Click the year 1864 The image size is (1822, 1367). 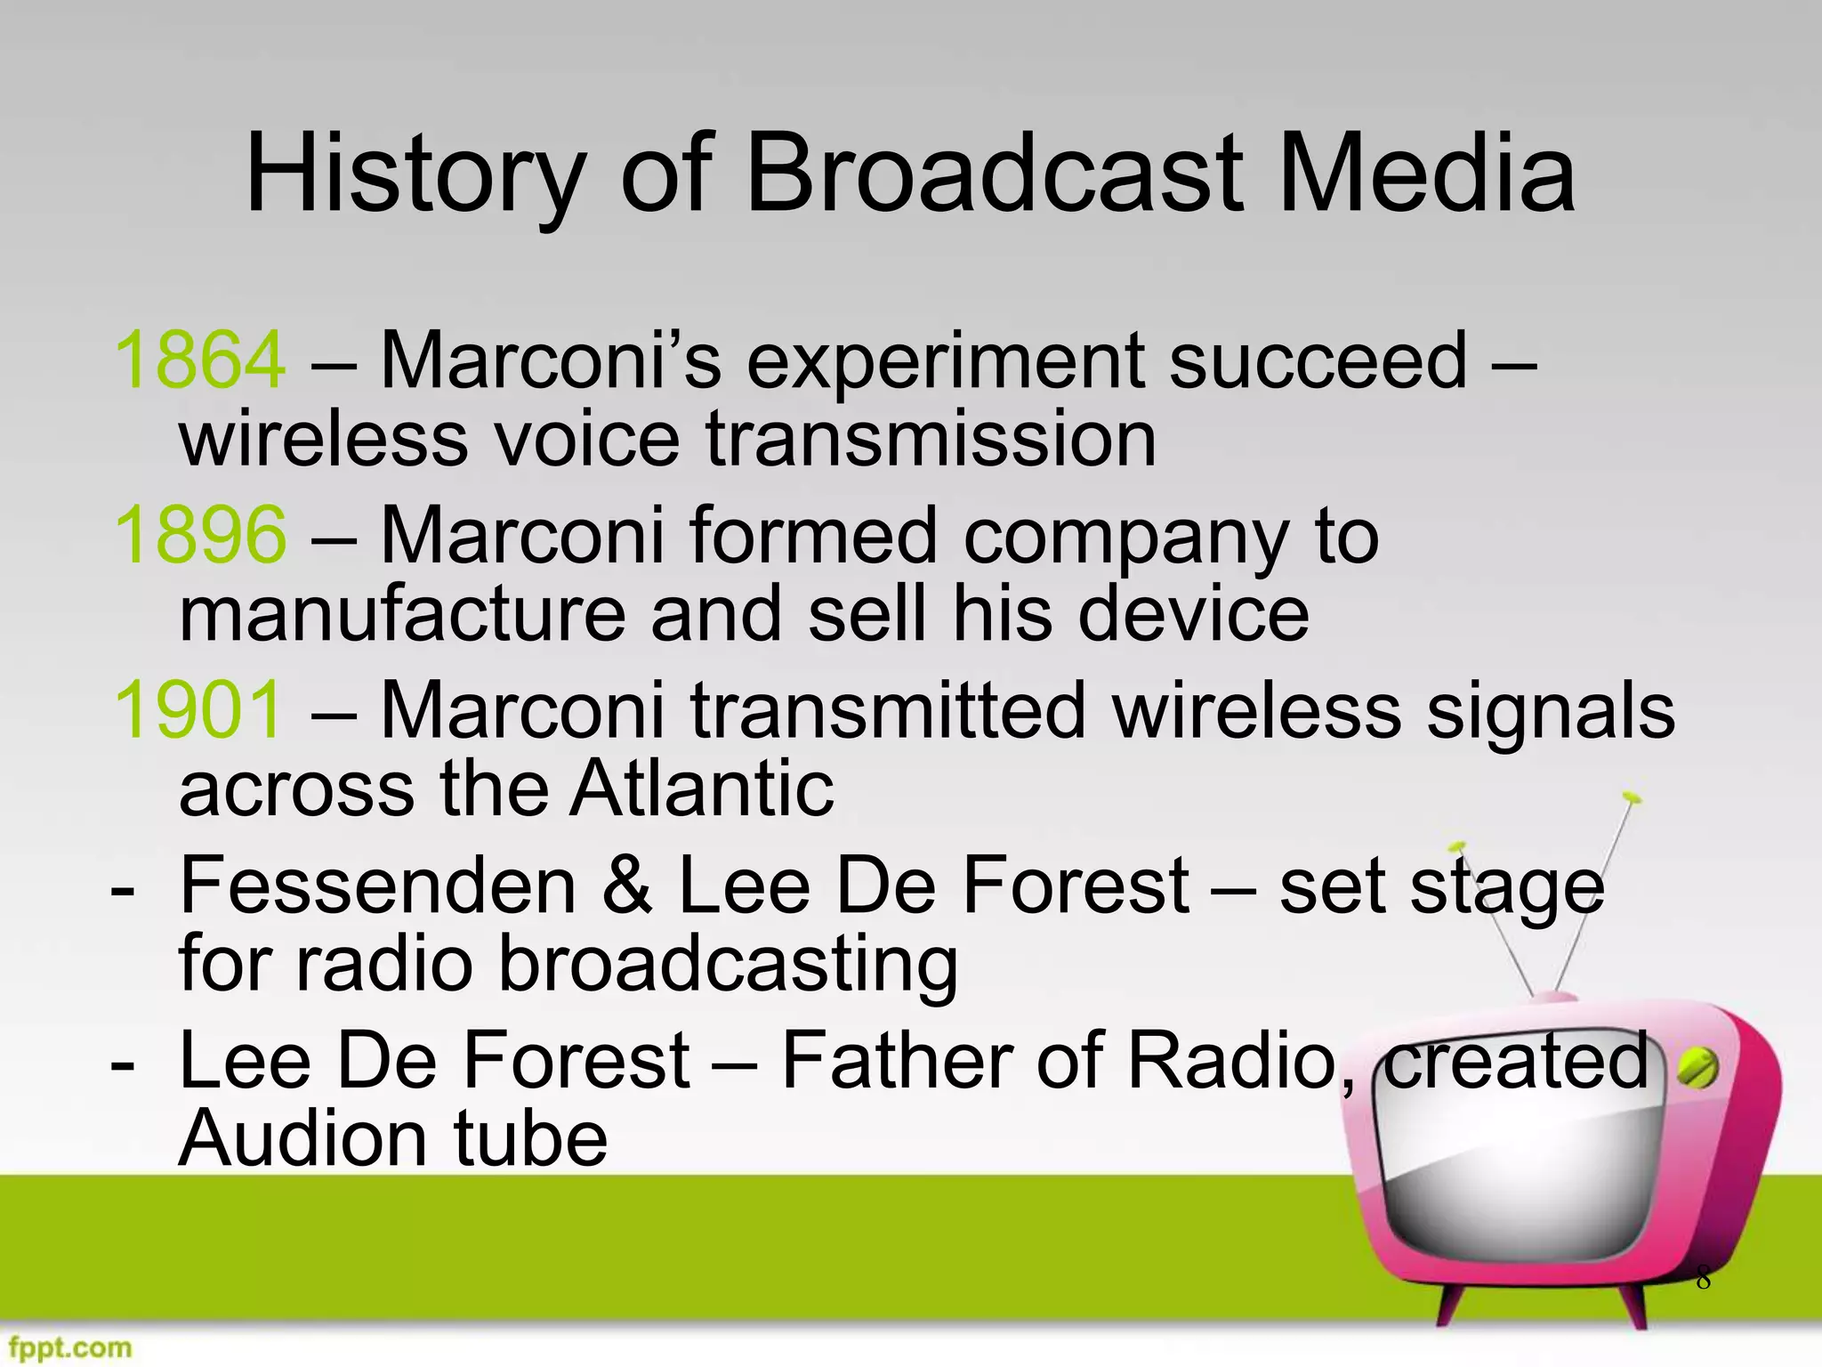tap(200, 360)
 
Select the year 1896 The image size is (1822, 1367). tap(200, 535)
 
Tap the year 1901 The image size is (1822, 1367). tap(198, 710)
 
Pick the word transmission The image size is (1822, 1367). tap(931, 438)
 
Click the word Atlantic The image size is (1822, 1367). tap(702, 789)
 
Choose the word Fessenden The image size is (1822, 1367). tap(378, 886)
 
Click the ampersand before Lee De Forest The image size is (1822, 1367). tap(627, 886)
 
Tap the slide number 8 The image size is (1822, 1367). tap(1703, 1279)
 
